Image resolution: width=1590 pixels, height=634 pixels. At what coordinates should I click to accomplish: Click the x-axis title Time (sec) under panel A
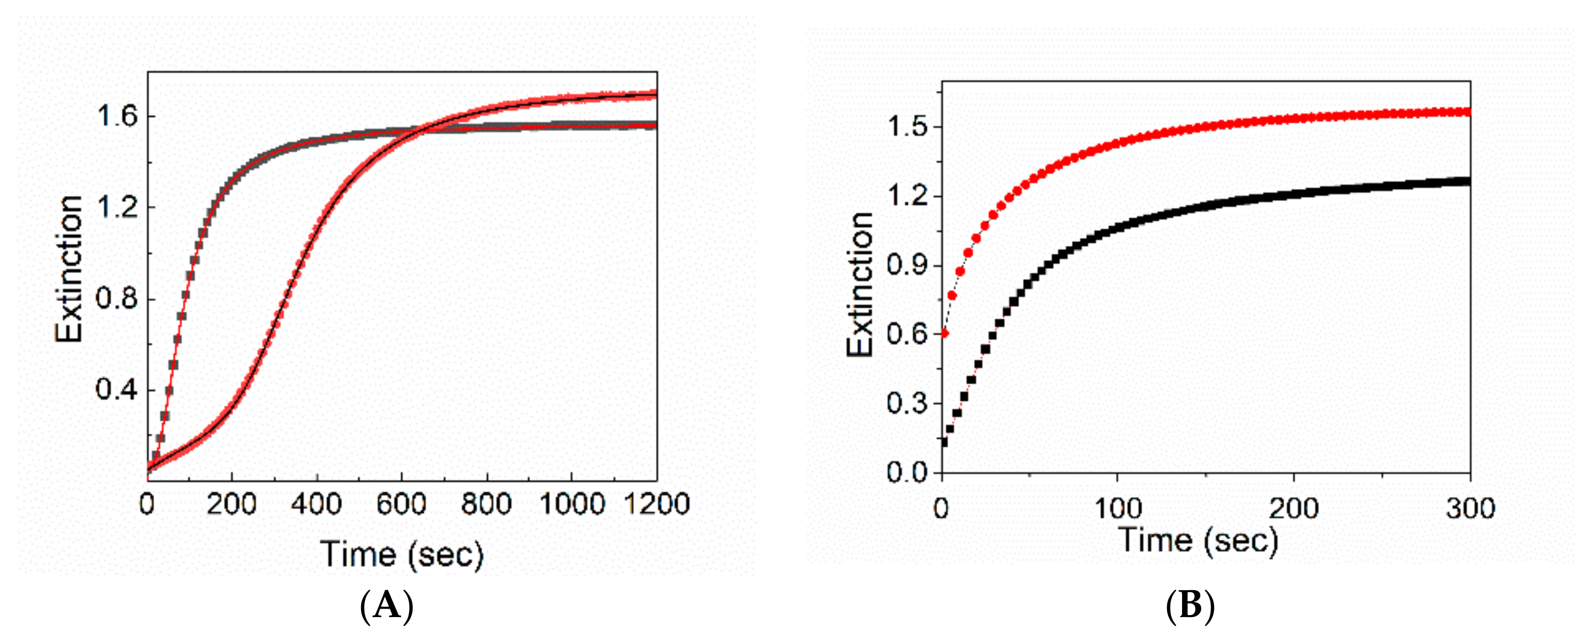402,553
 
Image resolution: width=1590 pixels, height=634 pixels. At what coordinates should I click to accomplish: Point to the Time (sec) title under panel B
1198,540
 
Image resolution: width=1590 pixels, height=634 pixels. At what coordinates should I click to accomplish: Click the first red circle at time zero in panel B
944,333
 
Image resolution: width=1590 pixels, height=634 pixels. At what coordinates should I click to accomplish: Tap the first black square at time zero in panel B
944,442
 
